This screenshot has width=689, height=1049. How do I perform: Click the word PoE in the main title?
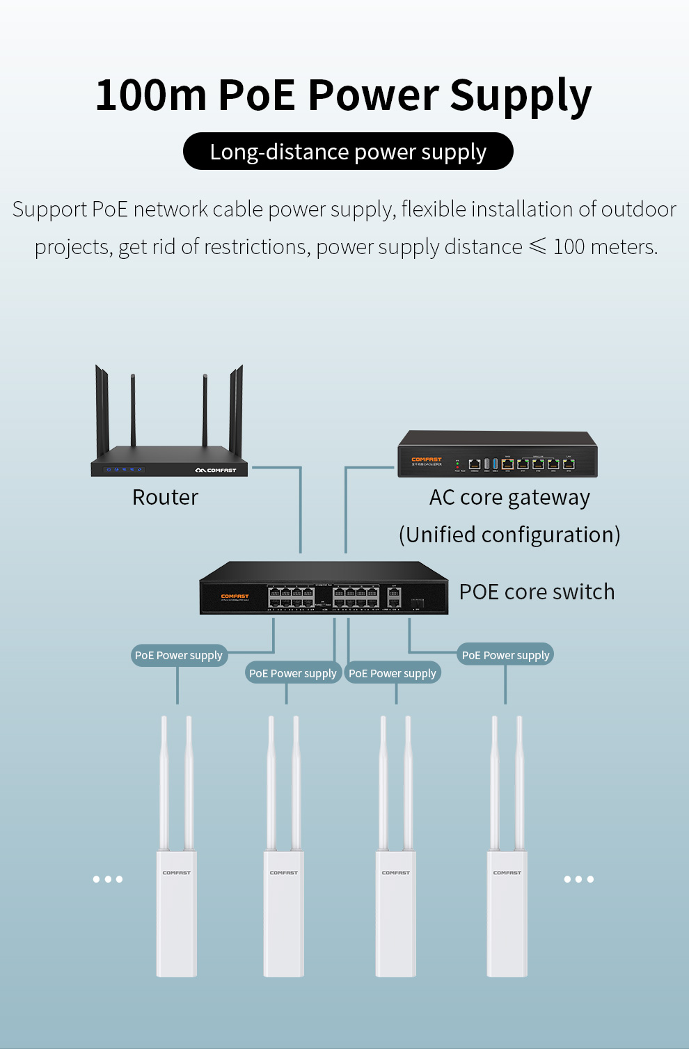(x=257, y=95)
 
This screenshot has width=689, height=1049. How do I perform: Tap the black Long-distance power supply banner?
(x=348, y=151)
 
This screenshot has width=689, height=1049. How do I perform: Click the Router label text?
(x=165, y=497)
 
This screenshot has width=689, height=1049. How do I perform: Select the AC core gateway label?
(x=509, y=498)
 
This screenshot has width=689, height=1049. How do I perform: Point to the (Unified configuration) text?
(x=509, y=535)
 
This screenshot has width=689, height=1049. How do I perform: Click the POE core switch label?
(x=537, y=592)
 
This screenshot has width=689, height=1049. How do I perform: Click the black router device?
(x=169, y=459)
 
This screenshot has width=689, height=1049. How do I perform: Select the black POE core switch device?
(x=324, y=589)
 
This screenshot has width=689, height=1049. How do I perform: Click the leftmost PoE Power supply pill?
(x=179, y=655)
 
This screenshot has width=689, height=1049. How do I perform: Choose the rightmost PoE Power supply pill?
(x=505, y=655)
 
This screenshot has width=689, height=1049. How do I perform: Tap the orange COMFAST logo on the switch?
(x=235, y=596)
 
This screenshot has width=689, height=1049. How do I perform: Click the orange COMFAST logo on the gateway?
(x=426, y=459)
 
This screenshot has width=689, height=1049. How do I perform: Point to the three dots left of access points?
(x=108, y=879)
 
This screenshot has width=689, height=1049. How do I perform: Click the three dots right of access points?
(x=578, y=879)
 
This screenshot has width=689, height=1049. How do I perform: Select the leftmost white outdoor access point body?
(x=177, y=912)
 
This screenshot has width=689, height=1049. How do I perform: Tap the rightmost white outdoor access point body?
(x=507, y=912)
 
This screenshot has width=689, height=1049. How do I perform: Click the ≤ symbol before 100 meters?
(x=537, y=246)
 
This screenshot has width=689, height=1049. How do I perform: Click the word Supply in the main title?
(x=521, y=95)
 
